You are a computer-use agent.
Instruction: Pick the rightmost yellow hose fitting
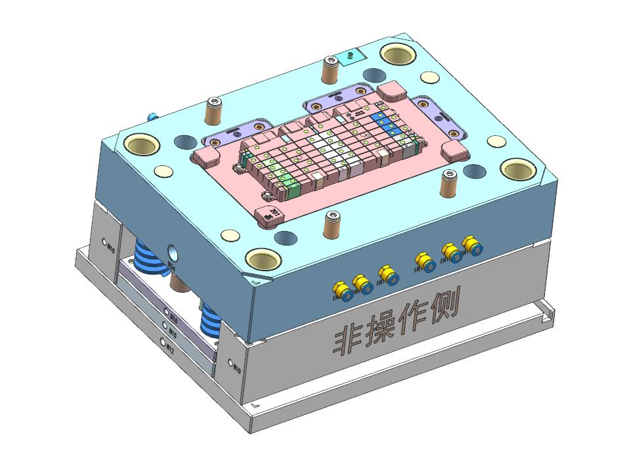pyautogui.click(x=471, y=246)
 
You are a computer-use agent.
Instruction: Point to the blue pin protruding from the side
pyautogui.click(x=153, y=117)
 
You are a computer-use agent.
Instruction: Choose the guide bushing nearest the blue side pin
pyautogui.click(x=142, y=144)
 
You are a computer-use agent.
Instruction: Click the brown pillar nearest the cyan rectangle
pyautogui.click(x=330, y=70)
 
